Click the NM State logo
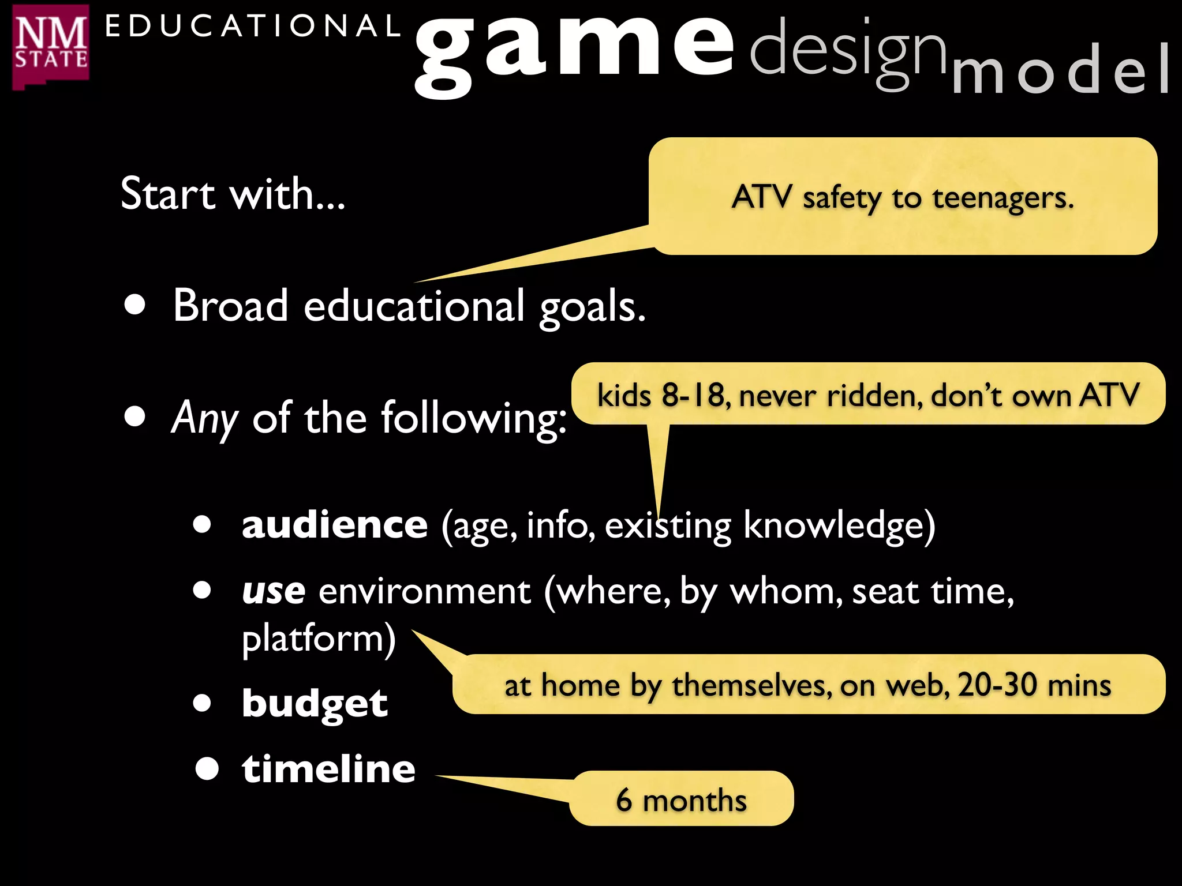51,47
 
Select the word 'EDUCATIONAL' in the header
252,27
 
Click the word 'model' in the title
1061,70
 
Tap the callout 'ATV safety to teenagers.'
903,197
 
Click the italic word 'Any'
205,417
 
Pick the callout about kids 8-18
867,395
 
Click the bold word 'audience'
335,524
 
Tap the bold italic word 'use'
274,591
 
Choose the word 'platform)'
319,639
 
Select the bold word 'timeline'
328,769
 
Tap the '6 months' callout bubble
681,799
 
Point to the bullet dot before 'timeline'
207,769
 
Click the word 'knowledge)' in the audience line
839,525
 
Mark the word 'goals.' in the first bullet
592,306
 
